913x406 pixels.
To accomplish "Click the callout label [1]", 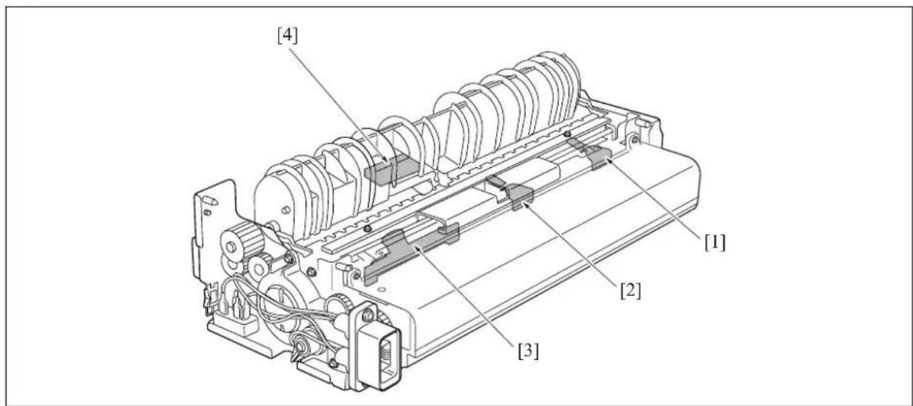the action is (x=715, y=243).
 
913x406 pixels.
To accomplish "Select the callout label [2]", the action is (x=631, y=291).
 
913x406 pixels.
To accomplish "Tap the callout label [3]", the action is (x=528, y=351).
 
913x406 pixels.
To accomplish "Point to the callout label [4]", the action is (x=288, y=36).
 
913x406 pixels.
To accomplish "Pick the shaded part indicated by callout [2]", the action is (x=514, y=192).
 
